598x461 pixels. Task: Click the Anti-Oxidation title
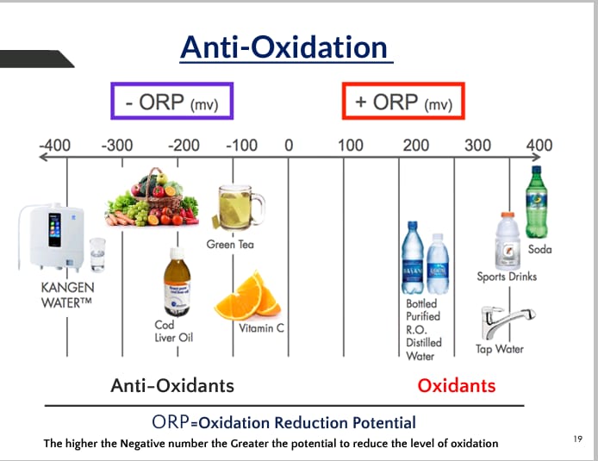[x=285, y=47]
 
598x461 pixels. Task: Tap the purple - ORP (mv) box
[x=171, y=101]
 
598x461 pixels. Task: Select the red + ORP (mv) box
[x=403, y=101]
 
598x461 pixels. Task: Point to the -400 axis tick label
[x=55, y=145]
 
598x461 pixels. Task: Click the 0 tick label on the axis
[x=289, y=145]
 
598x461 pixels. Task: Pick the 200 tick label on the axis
[x=416, y=145]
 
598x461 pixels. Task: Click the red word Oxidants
[x=457, y=385]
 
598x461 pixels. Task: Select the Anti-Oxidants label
[x=172, y=385]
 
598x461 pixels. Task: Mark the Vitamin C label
[x=262, y=328]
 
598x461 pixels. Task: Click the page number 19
[x=577, y=439]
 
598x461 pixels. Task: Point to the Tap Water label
[x=500, y=349]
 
